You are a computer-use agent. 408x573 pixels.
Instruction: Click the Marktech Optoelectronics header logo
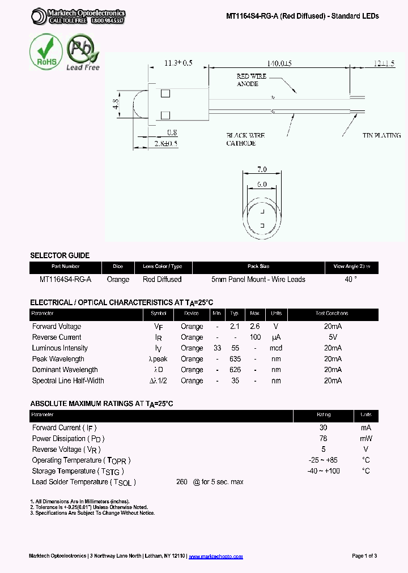[78, 16]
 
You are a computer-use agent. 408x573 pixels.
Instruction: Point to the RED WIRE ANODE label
[251, 80]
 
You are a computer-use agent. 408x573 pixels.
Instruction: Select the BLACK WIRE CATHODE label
[245, 139]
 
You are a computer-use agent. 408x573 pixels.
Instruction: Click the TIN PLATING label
[381, 135]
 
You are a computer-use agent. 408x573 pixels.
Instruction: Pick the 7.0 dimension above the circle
[262, 169]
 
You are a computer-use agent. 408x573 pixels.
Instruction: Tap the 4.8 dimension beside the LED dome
[116, 105]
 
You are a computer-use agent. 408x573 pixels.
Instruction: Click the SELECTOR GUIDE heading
[59, 255]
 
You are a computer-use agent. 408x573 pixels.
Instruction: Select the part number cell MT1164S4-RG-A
[65, 279]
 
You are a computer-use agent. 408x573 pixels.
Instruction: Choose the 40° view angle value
[351, 279]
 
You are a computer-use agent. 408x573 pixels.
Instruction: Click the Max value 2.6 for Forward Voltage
[254, 327]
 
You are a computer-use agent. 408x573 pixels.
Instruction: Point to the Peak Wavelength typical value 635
[235, 359]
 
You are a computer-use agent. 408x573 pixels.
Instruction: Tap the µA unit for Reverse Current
[276, 337]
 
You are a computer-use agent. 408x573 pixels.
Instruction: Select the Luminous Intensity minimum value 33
[217, 348]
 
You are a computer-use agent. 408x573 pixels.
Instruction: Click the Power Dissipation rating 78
[323, 439]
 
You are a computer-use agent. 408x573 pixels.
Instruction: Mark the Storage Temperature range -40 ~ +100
[323, 471]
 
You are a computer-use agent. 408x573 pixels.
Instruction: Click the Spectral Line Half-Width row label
[68, 380]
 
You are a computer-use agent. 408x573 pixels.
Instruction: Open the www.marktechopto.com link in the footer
[215, 557]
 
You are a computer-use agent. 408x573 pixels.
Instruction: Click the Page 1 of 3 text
[364, 556]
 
